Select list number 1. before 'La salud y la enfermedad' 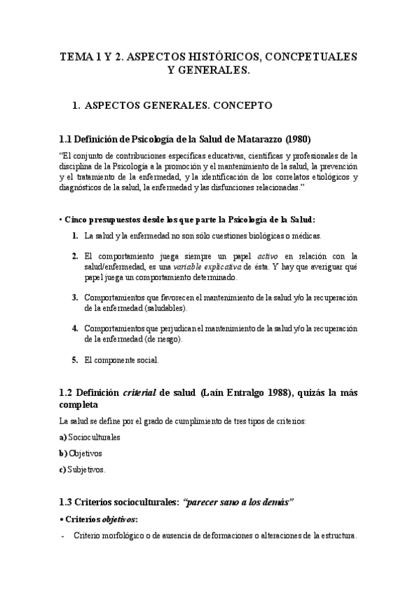[74, 236]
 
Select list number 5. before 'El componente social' [74, 360]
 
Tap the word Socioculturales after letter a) [94, 437]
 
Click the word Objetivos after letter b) [85, 453]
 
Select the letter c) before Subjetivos [63, 469]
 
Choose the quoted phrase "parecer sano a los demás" [238, 502]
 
